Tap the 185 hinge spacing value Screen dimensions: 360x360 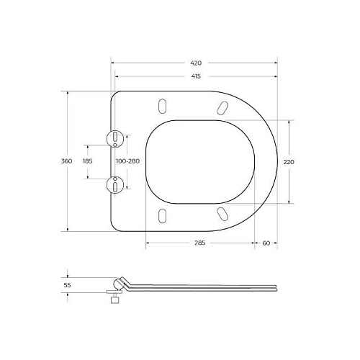[88, 161]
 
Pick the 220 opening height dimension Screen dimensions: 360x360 [289, 162]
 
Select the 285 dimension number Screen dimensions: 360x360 [200, 243]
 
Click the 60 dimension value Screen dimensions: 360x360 [266, 243]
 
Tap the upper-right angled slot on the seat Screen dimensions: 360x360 [222, 107]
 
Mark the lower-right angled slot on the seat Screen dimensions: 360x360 [223, 214]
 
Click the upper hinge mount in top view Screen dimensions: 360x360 [115, 138]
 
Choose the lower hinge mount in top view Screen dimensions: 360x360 [115, 184]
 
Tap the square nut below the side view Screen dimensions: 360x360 [114, 302]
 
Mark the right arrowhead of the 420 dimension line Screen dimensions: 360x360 [277, 63]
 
